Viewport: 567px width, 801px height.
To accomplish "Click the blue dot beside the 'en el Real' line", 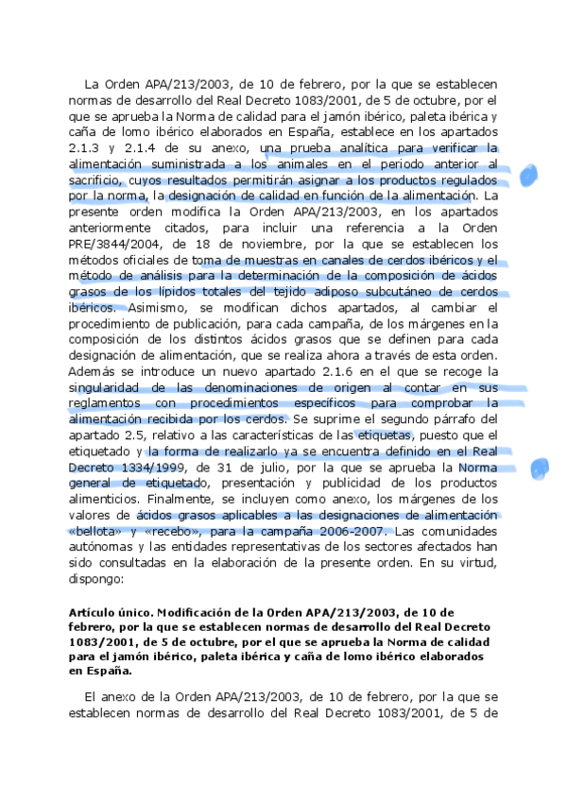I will [x=540, y=467].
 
